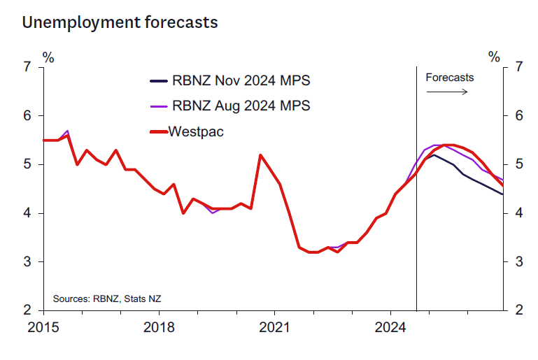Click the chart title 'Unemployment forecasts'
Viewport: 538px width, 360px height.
120,22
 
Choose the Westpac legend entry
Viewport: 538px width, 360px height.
196,131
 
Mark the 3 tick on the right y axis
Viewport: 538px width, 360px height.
518,261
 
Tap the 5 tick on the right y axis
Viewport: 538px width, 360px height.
518,164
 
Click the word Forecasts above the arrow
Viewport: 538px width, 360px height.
449,78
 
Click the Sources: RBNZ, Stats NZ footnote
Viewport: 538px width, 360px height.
107,298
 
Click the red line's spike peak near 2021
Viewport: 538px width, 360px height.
260,155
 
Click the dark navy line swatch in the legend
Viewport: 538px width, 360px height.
158,81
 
